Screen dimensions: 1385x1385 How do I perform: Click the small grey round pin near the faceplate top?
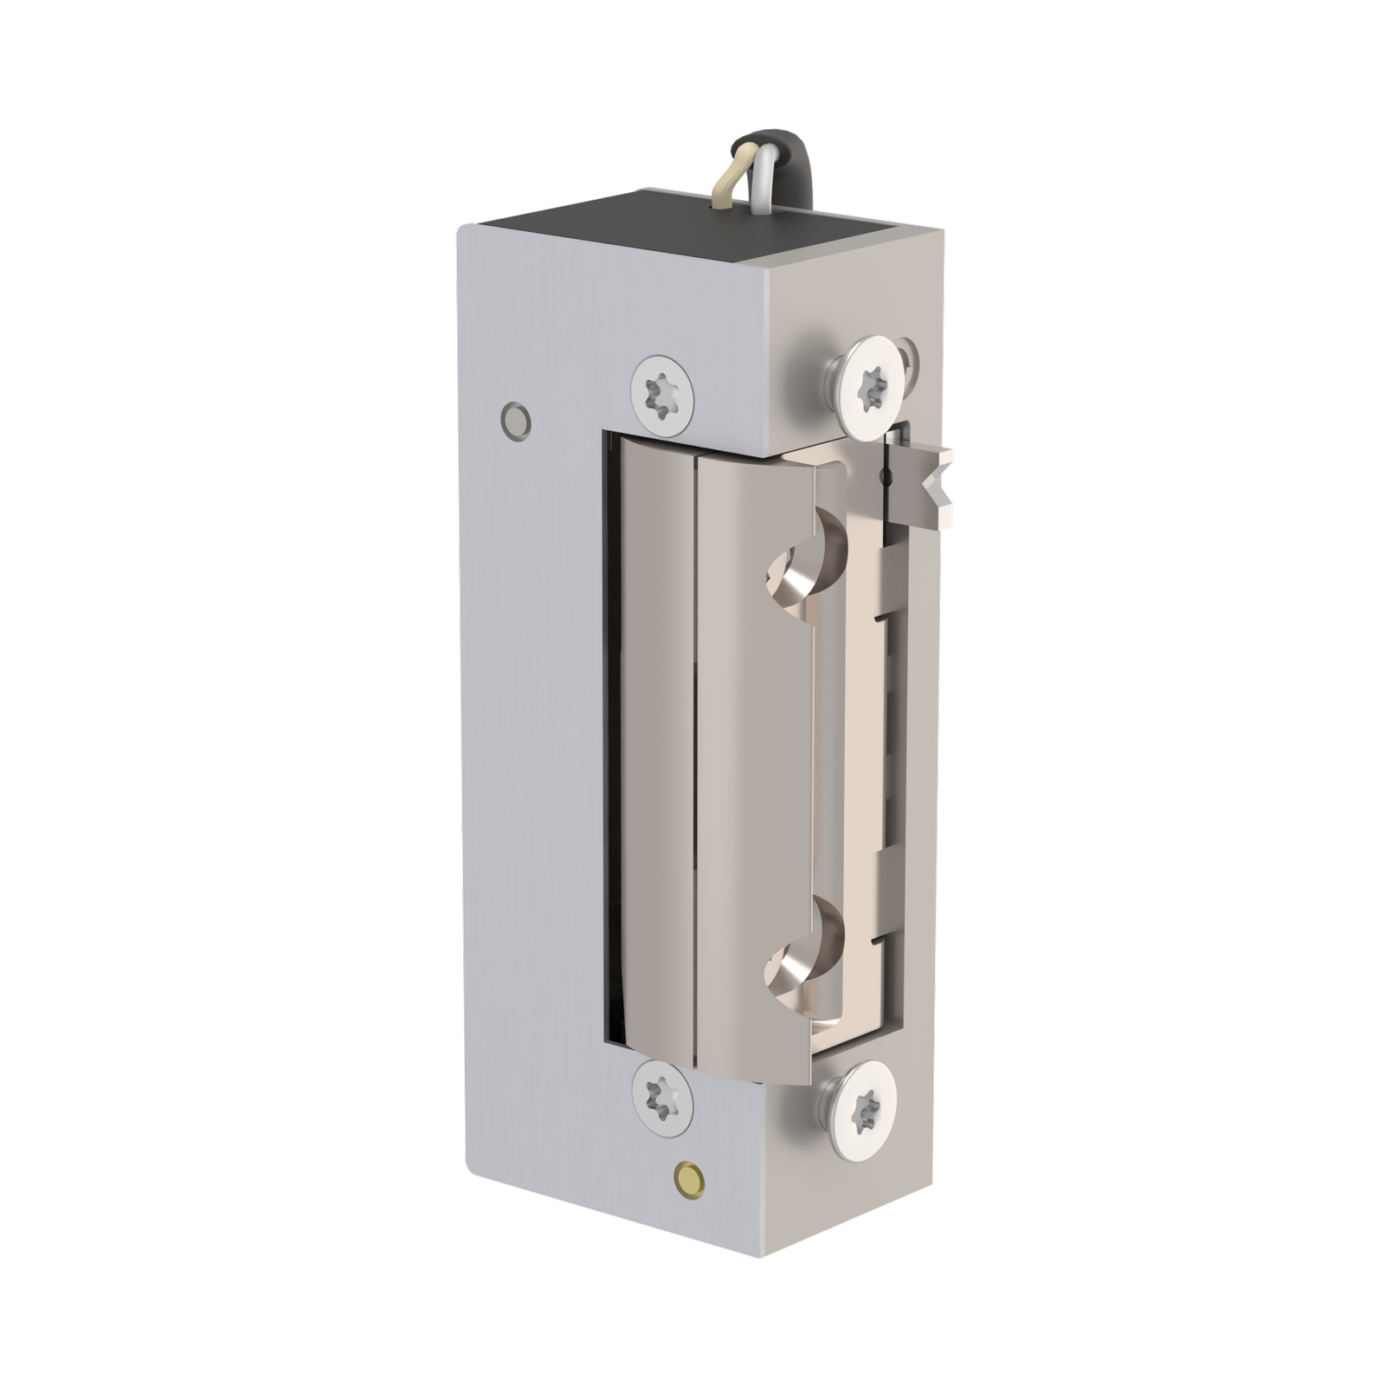[x=516, y=419]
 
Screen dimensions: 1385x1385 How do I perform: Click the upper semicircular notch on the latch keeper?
[x=801, y=571]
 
